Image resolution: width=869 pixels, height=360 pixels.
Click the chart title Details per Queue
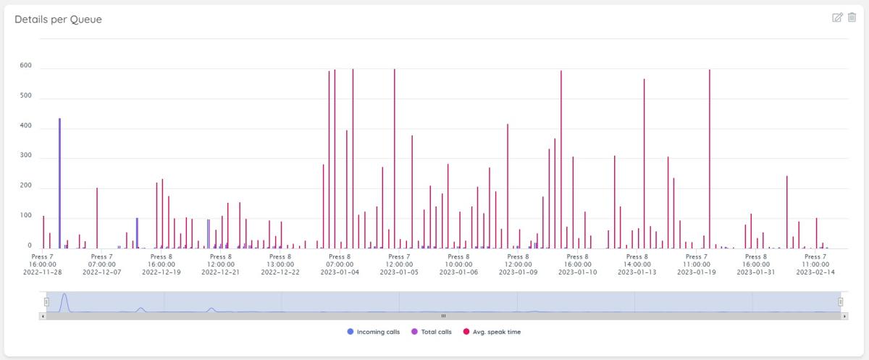(58, 20)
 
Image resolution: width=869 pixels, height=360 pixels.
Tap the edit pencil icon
(838, 17)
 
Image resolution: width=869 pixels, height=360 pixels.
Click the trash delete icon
(852, 17)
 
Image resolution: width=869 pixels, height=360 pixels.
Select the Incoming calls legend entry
(374, 332)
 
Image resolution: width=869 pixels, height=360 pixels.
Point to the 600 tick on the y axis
(26, 66)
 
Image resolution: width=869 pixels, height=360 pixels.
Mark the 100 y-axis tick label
(26, 216)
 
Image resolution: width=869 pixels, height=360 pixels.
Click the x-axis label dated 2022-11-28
(43, 272)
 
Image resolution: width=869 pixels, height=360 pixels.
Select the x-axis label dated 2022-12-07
(102, 272)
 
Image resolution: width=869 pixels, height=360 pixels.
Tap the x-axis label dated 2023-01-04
(340, 272)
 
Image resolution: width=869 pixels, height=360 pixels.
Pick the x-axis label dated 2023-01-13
(637, 272)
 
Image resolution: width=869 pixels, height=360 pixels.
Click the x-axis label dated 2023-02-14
(815, 272)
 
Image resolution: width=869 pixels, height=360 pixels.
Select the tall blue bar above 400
(59, 181)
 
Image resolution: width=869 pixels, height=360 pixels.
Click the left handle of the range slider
(46, 301)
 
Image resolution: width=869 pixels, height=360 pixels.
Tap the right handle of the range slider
(841, 301)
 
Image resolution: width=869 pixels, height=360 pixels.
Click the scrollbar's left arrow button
(43, 317)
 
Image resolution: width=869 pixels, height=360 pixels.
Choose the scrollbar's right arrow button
(844, 317)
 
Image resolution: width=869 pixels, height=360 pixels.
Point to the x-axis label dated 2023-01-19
(697, 272)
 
